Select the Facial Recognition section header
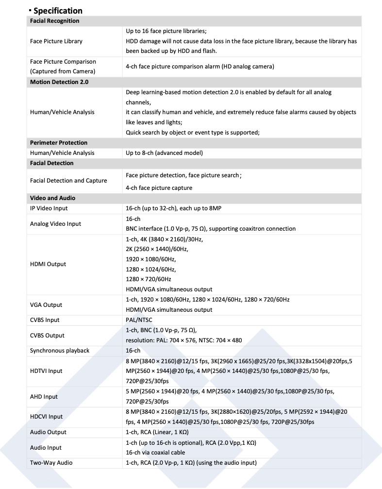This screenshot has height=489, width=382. (54, 21)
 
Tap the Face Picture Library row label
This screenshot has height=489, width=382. (56, 41)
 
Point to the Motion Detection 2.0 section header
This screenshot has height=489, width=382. (59, 82)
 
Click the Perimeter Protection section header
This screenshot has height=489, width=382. (58, 143)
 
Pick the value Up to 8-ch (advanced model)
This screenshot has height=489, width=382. (164, 153)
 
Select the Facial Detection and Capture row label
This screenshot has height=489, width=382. (68, 181)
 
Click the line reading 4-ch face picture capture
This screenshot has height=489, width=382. (159, 188)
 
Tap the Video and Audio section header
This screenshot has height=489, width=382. (52, 198)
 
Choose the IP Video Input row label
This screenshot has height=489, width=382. (49, 208)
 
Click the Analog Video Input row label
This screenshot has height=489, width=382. (55, 224)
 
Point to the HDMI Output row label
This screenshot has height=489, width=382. (48, 264)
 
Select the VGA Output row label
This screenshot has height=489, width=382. (46, 305)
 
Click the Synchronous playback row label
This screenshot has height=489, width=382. (60, 351)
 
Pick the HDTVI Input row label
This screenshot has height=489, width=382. (46, 371)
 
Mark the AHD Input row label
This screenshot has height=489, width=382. (44, 397)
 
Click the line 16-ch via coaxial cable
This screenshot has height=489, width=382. (155, 453)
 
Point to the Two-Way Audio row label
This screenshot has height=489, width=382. (51, 463)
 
